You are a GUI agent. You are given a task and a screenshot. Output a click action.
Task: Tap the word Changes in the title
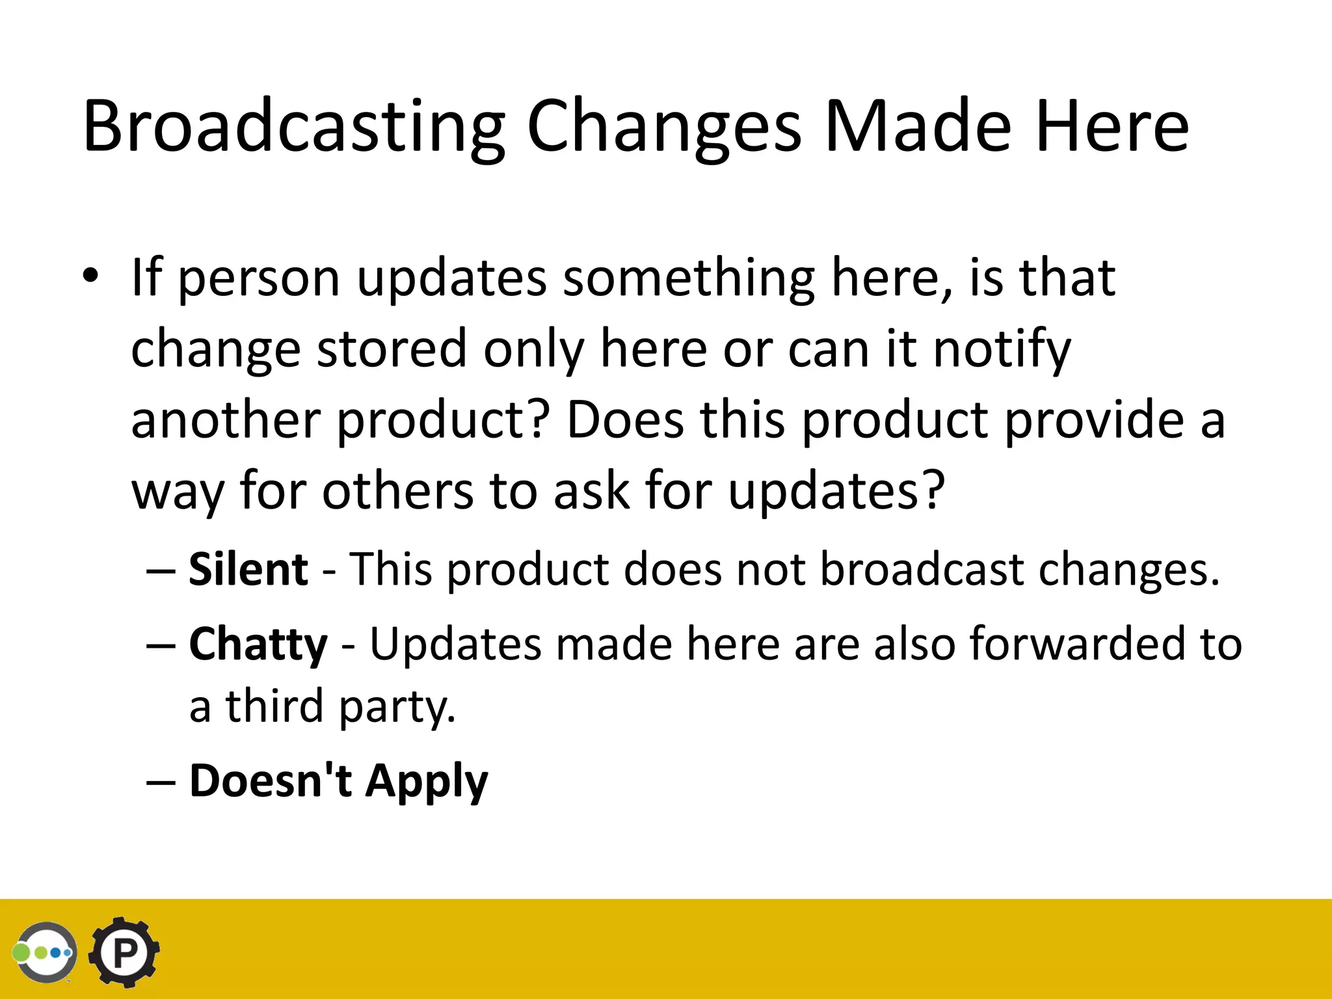(664, 127)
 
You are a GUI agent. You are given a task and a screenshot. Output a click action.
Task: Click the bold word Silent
(248, 569)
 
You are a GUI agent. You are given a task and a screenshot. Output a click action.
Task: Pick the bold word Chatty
(258, 644)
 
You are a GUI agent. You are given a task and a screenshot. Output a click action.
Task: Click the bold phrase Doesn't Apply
(338, 780)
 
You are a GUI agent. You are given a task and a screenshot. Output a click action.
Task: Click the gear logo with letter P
(124, 953)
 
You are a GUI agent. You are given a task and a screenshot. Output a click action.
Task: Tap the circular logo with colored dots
(46, 953)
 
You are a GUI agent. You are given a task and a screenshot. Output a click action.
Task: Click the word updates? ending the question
(836, 492)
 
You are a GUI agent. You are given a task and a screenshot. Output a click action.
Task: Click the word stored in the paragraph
(392, 349)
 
